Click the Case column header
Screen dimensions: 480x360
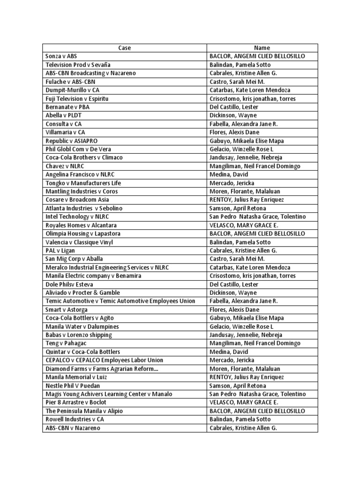124,48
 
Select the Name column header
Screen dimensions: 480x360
262,48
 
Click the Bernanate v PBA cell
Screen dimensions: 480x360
67,107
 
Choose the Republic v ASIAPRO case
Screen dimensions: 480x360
72,141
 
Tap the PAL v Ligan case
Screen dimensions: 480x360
61,250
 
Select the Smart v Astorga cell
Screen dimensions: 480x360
67,309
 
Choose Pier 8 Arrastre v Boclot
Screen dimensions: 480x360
76,402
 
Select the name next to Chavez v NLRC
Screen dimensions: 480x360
255,166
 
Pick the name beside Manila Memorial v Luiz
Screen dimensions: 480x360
247,377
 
